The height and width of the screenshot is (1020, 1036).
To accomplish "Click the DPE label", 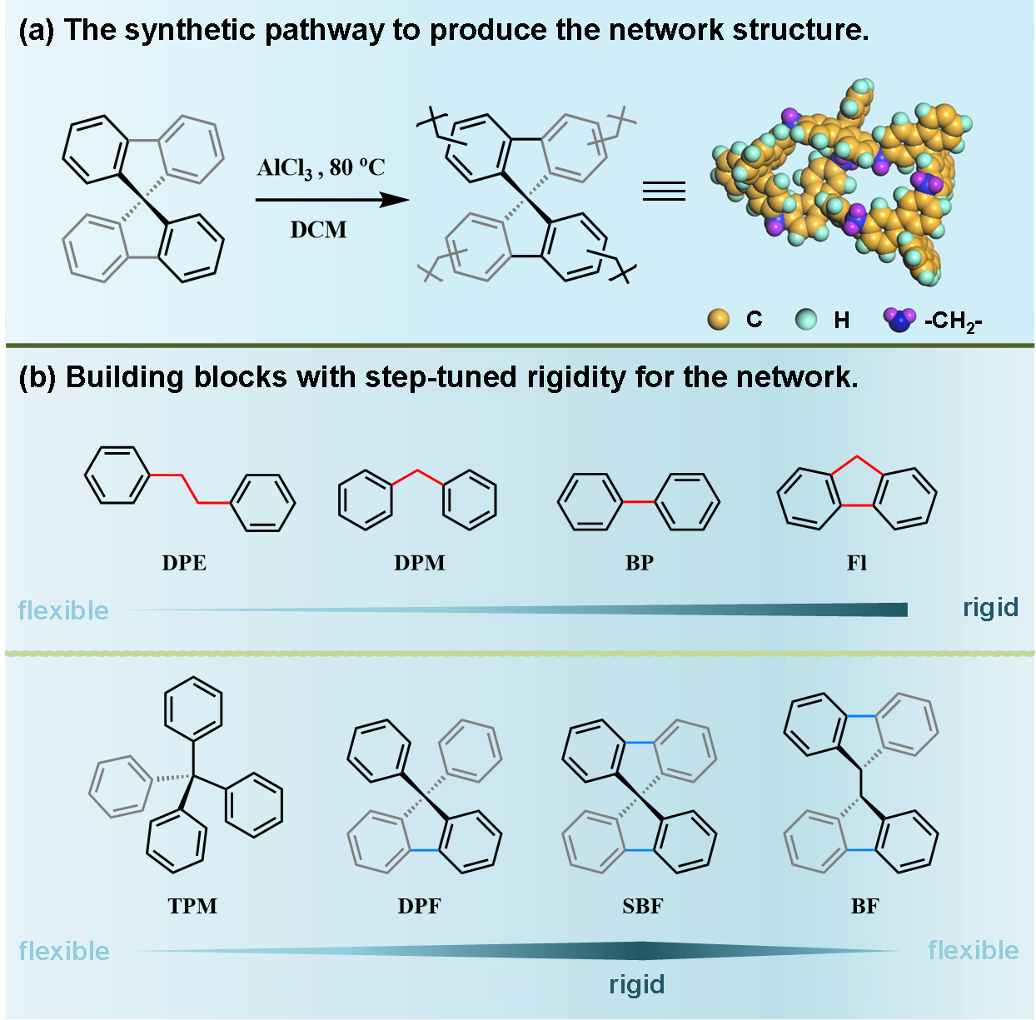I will (184, 563).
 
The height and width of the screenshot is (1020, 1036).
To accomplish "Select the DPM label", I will (420, 563).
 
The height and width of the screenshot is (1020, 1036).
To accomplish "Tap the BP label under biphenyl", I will (640, 563).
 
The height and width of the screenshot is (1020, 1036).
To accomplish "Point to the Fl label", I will (857, 563).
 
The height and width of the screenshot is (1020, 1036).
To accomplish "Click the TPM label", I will (192, 906).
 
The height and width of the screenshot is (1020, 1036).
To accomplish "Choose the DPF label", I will (419, 906).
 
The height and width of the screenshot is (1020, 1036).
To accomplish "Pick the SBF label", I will (643, 906).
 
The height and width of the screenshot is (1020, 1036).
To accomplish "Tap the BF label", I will (864, 906).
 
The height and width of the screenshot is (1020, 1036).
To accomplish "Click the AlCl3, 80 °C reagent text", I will (321, 168).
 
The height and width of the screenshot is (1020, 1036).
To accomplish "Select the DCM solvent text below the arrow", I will (318, 230).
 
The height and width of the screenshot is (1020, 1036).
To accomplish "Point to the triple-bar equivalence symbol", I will (664, 192).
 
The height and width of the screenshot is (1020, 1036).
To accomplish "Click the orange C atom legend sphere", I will (718, 319).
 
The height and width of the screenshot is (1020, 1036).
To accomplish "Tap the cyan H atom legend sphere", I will (806, 319).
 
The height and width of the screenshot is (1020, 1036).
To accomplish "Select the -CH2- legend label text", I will (953, 321).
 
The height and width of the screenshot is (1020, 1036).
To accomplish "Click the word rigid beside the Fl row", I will (990, 607).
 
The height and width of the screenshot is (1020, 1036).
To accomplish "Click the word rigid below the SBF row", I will (637, 984).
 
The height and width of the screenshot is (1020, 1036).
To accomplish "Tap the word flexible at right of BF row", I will (973, 950).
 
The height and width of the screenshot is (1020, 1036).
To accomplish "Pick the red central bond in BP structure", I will (639, 502).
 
